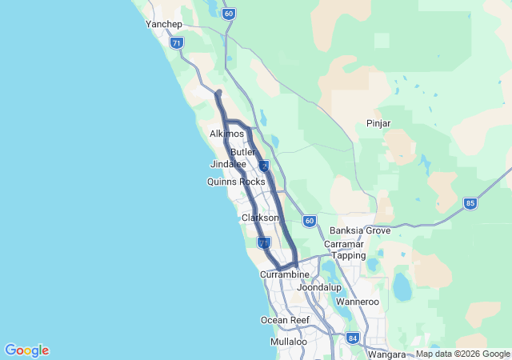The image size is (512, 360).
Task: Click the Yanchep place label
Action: click(165, 24)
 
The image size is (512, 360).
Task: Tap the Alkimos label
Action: click(226, 134)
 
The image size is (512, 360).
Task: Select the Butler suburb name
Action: click(242, 152)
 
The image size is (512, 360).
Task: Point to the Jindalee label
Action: click(228, 164)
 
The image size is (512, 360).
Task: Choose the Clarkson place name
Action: click(260, 218)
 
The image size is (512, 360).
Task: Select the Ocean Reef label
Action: click(285, 320)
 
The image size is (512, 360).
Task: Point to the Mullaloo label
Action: click(289, 342)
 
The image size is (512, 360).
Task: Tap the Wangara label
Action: click(386, 354)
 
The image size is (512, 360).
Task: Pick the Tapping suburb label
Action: click(349, 255)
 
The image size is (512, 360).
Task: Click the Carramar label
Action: click(345, 244)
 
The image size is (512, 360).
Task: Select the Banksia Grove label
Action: click(360, 230)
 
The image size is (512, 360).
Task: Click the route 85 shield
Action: click(470, 204)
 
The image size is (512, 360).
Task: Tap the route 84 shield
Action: click(353, 338)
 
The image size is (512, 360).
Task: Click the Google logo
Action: click(26, 350)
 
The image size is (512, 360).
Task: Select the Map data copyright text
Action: click(462, 354)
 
